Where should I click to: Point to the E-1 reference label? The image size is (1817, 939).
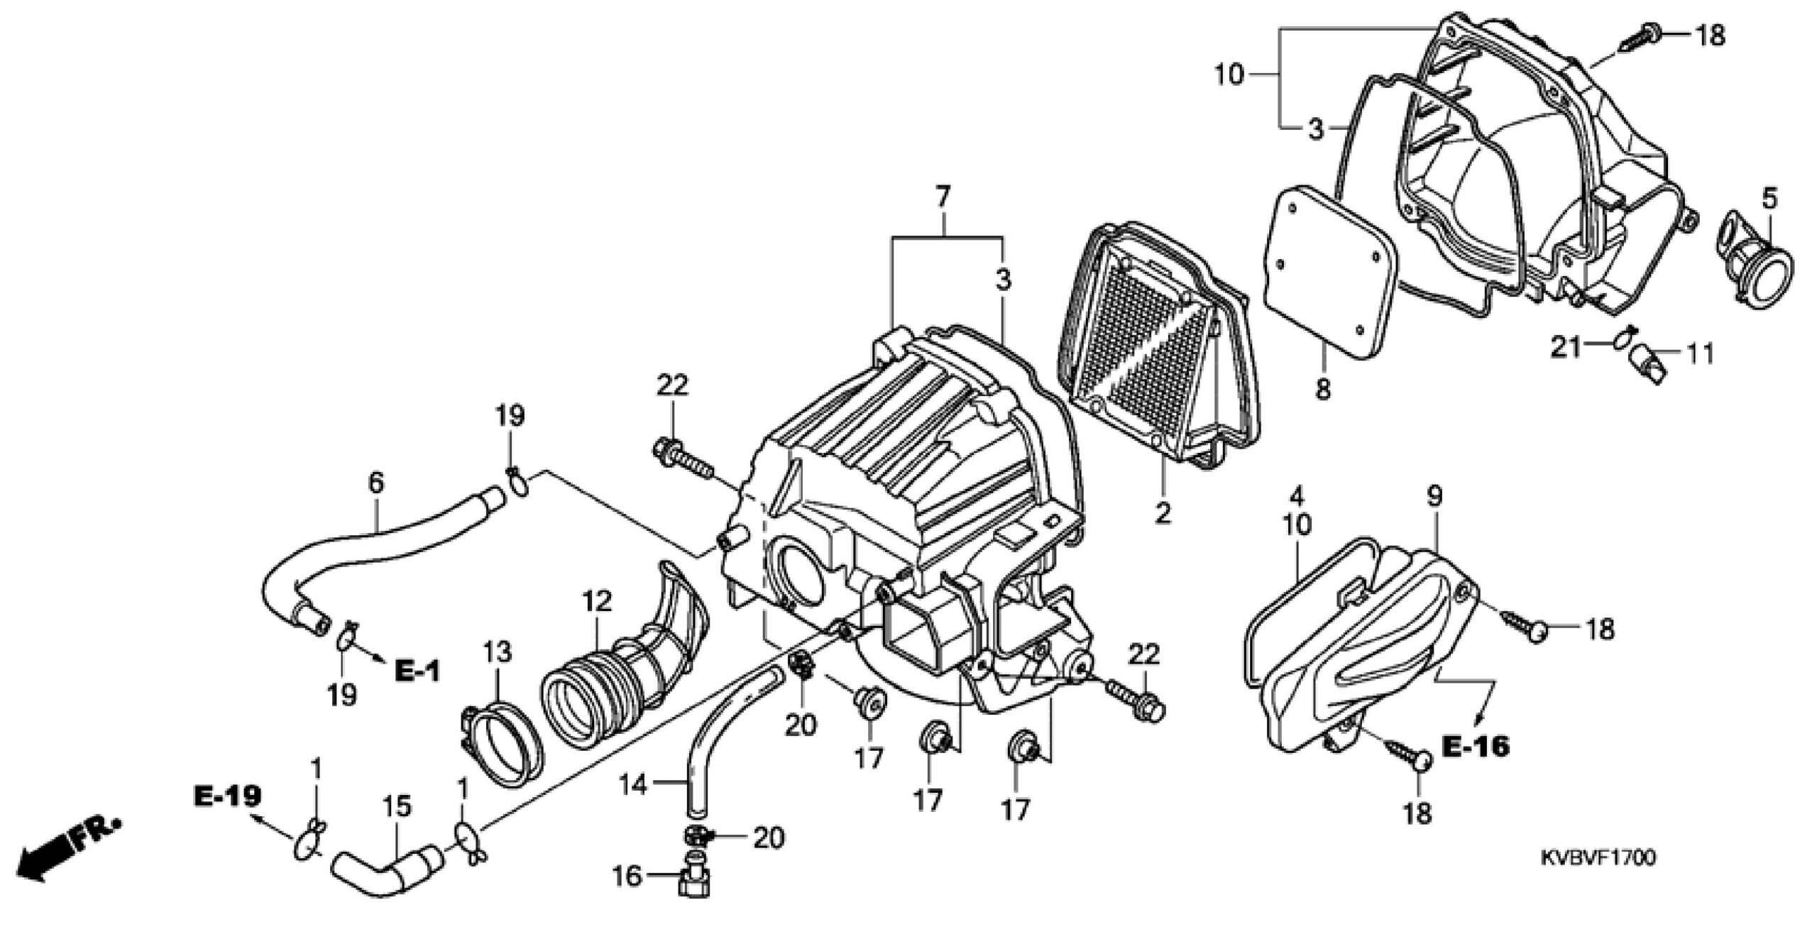click(x=417, y=671)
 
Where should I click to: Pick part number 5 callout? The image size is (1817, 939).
click(x=1770, y=199)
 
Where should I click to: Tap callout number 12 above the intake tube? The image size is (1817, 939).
click(x=597, y=602)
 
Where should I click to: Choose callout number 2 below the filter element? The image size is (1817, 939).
click(x=1163, y=512)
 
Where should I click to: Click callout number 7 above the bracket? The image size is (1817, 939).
click(x=943, y=198)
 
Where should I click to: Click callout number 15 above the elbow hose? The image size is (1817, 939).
click(x=397, y=807)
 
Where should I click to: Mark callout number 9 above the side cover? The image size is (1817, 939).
click(x=1435, y=497)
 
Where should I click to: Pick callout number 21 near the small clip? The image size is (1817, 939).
click(x=1566, y=347)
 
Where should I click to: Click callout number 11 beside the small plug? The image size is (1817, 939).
click(x=1699, y=353)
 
